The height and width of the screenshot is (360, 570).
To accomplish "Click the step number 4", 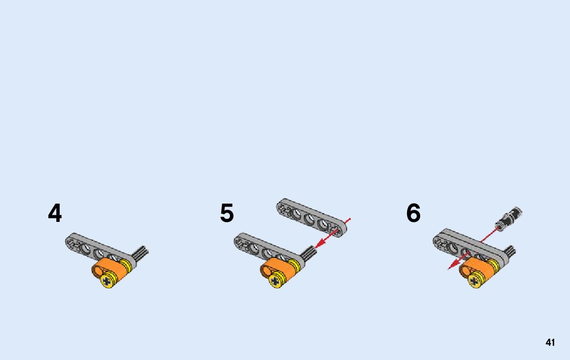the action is (55, 213).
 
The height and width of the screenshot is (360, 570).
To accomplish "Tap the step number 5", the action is (227, 213).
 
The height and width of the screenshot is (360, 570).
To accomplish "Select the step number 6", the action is (413, 213).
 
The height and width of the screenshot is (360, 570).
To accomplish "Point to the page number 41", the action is (550, 343).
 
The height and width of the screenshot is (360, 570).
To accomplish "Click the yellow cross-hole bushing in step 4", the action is (108, 281).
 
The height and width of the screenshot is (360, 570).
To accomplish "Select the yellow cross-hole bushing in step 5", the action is (275, 281).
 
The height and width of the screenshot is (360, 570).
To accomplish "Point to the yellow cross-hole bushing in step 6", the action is (475, 281).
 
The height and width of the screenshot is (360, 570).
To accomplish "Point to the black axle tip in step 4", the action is (142, 251).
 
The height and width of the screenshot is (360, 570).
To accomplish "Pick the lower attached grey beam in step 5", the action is (264, 248).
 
